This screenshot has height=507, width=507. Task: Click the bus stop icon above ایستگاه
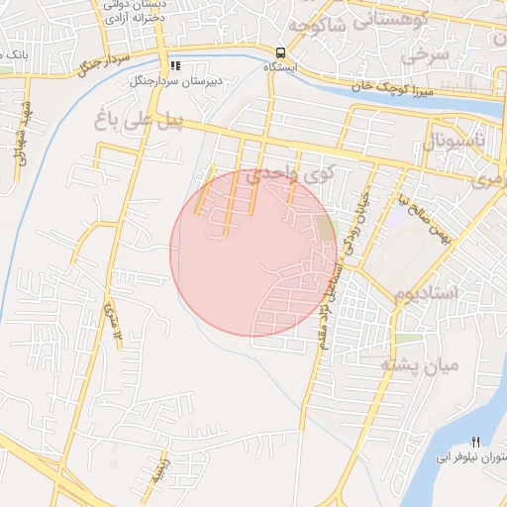[x=280, y=52]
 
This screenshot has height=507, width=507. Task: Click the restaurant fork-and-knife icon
[x=475, y=441]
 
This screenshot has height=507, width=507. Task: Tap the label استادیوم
[x=427, y=294]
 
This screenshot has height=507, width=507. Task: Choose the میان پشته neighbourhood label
[x=421, y=365]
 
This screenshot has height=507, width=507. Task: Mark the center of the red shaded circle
[x=253, y=253]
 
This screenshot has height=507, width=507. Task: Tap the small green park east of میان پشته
[x=407, y=339]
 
